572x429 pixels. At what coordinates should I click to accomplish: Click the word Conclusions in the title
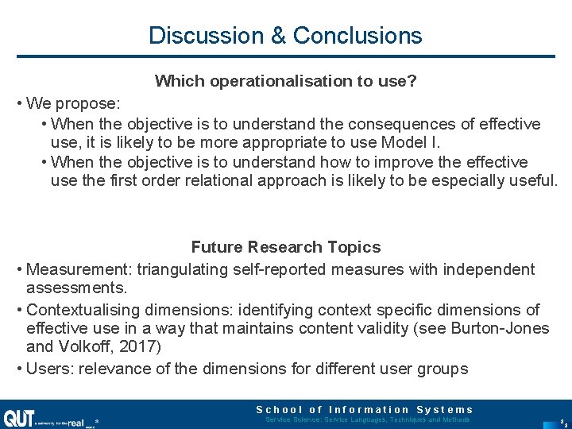pos(357,36)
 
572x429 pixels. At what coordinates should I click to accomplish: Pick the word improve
pos(414,162)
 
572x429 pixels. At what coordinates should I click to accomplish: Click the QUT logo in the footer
pos(17,418)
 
